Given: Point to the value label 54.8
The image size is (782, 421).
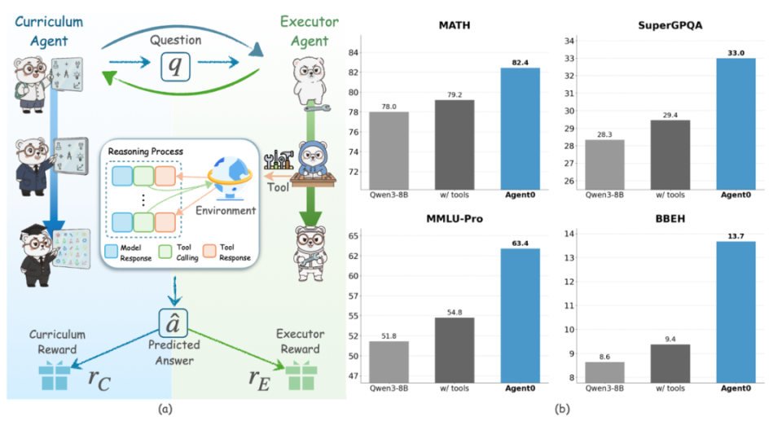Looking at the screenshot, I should tap(455, 311).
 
